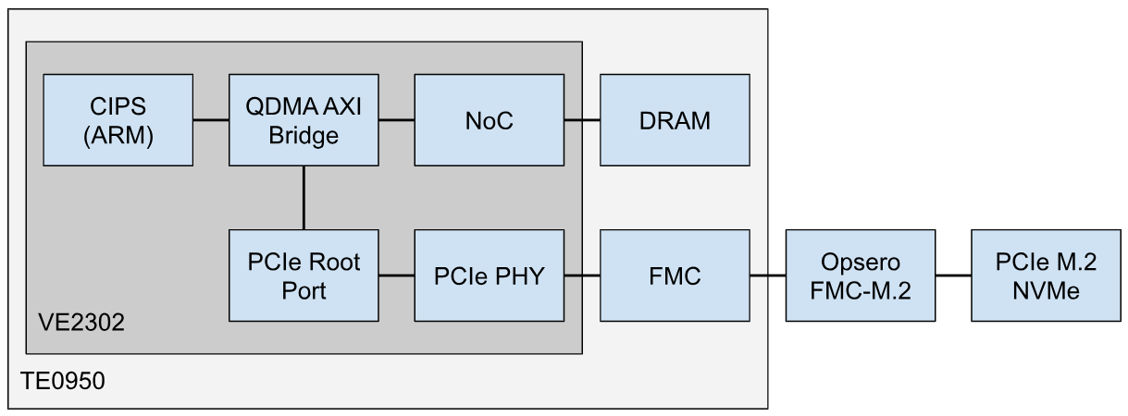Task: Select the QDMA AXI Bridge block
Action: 304,120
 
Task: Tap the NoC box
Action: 489,120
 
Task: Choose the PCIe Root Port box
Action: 304,275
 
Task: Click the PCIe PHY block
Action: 489,275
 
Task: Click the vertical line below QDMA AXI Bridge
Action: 304,198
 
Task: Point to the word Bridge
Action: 304,134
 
